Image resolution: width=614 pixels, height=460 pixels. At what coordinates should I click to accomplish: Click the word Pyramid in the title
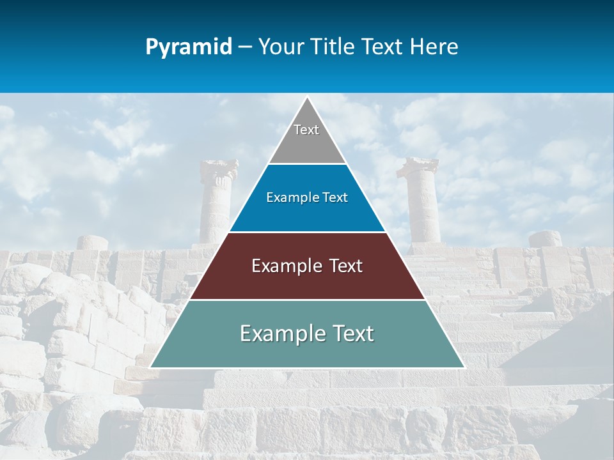pos(189,47)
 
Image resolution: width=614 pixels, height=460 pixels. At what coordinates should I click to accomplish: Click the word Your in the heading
pos(281,47)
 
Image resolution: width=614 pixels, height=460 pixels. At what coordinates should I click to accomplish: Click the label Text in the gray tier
pos(306,130)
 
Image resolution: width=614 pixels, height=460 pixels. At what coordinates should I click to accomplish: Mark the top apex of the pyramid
pos(307,97)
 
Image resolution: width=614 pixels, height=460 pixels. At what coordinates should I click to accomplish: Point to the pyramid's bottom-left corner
pos(150,367)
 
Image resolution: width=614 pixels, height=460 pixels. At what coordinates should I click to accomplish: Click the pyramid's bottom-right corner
pos(464,367)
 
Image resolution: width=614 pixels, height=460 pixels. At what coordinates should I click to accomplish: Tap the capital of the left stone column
pos(219,169)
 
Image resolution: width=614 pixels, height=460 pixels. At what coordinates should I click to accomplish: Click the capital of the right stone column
pos(418,167)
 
